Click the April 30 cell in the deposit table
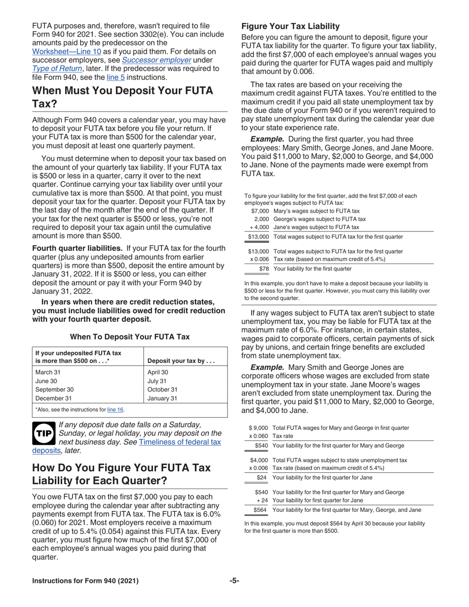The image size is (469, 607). point(158,373)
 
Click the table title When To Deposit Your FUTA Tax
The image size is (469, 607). point(129,337)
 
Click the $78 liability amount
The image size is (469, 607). point(264,269)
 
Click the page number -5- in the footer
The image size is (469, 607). point(234,580)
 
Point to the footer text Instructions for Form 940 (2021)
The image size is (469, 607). point(85,581)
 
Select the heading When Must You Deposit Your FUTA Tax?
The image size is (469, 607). point(122,97)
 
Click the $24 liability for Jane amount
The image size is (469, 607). point(262,477)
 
